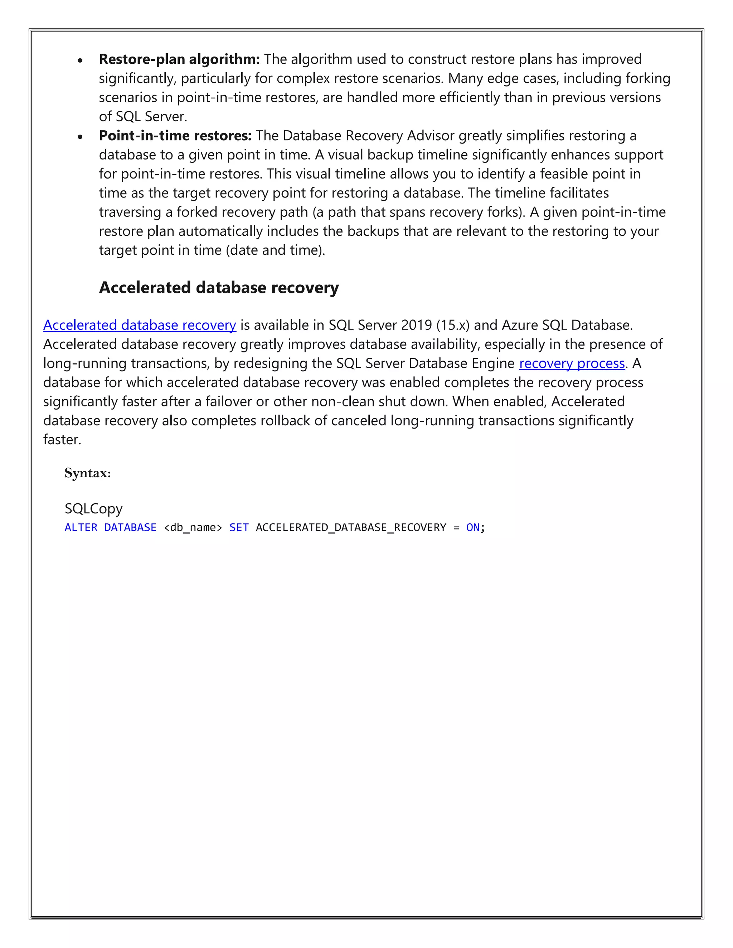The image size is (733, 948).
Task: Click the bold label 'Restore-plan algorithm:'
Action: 179,59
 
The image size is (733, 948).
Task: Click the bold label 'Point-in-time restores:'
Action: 175,136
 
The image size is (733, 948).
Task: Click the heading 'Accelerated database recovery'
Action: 218,288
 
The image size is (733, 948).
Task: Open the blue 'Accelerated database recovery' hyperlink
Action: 139,325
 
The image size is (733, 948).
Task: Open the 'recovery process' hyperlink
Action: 572,363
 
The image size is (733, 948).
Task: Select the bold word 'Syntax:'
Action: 88,473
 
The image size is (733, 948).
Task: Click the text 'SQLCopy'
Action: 93,508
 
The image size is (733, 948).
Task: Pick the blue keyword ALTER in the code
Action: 81,527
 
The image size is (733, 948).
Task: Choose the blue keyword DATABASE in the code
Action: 130,527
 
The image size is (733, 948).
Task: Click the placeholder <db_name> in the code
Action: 193,527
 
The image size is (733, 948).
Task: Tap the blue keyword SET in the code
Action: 239,527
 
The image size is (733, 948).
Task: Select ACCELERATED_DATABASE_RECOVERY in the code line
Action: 351,527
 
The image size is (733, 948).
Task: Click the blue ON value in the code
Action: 472,527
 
